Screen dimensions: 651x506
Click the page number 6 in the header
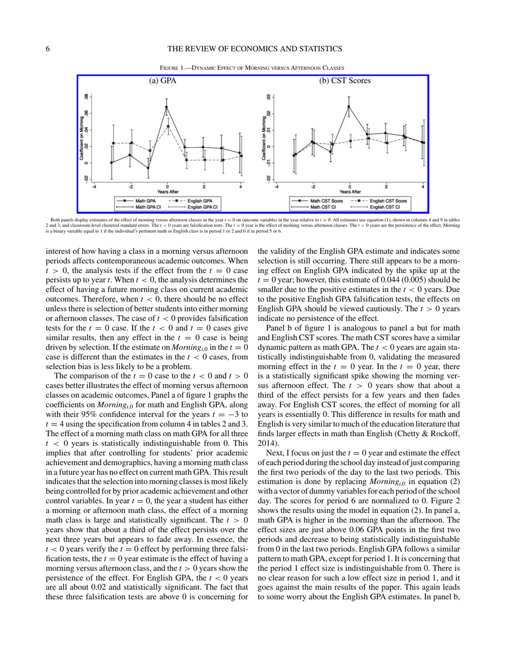pyautogui.click(x=48, y=49)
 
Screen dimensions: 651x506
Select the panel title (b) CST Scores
pyautogui.click(x=345, y=82)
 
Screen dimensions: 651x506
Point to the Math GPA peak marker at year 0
pyautogui.click(x=167, y=107)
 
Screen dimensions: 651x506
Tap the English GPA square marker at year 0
pyautogui.click(x=168, y=126)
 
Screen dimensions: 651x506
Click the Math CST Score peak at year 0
pyautogui.click(x=349, y=107)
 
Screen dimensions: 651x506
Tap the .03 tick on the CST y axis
pyautogui.click(x=269, y=97)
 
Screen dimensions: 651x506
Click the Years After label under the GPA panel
pyautogui.click(x=167, y=191)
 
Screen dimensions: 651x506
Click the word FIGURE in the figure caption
pyautogui.click(x=171, y=68)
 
